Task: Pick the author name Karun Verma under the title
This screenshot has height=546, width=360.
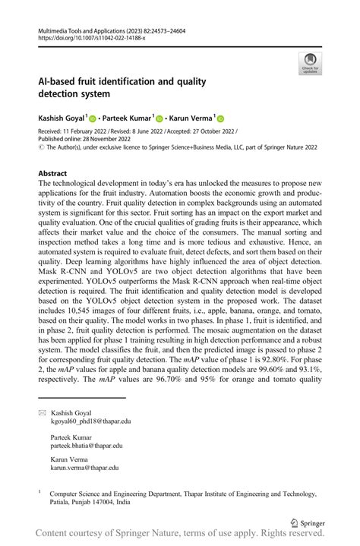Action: (191, 118)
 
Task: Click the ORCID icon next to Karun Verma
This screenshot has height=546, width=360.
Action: (221, 118)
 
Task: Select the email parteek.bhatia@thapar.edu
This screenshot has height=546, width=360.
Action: (87, 446)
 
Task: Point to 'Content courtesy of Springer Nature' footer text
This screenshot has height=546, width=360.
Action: (114, 536)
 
